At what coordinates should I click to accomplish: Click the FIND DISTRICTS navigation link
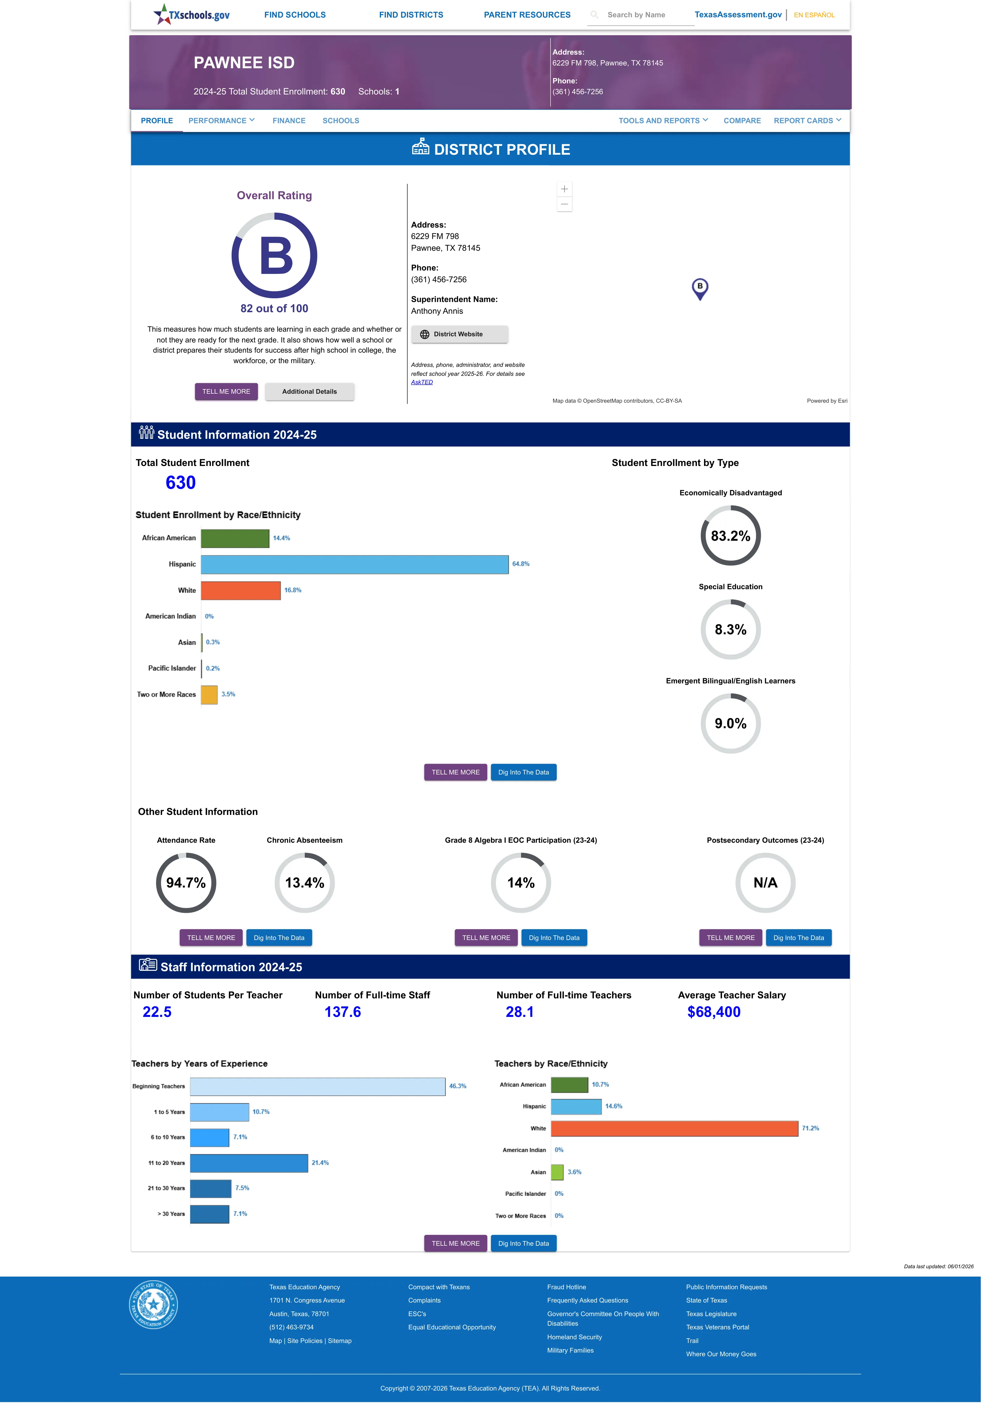point(411,15)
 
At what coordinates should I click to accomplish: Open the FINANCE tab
point(289,120)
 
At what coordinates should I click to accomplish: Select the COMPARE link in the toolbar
point(742,120)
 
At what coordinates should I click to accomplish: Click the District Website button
point(459,334)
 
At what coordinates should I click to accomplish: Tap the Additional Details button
point(309,392)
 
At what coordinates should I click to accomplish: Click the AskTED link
point(422,382)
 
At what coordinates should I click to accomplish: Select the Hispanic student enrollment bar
point(355,564)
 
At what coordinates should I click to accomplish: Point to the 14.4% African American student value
point(282,538)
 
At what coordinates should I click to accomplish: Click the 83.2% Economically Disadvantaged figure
point(730,536)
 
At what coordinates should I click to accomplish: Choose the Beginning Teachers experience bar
point(318,1086)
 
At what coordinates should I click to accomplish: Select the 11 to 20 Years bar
point(249,1163)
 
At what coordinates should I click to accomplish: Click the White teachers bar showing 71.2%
point(674,1128)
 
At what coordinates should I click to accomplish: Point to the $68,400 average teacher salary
point(714,1012)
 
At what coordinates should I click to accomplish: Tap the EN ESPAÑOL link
point(814,15)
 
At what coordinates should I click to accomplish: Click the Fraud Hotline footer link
point(566,1287)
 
